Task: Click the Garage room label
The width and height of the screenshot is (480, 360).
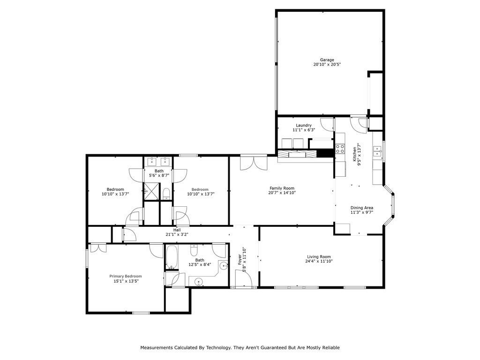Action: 327,60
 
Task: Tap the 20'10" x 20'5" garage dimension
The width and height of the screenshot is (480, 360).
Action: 327,65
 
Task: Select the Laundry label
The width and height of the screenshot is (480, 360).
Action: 304,125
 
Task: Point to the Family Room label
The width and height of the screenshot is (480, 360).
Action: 282,188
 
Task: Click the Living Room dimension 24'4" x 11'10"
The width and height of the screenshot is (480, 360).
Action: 319,261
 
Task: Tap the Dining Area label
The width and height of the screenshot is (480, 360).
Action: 362,208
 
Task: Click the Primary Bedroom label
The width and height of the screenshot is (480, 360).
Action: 126,276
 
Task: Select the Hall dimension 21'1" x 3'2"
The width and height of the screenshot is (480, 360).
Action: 177,234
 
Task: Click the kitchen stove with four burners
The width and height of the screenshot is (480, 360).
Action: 340,149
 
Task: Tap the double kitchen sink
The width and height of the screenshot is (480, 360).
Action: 377,151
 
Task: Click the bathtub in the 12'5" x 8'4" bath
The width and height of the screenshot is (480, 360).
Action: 172,257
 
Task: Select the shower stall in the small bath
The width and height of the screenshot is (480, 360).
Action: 152,191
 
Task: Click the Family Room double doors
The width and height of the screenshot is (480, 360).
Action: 254,163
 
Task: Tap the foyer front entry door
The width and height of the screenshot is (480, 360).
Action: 243,278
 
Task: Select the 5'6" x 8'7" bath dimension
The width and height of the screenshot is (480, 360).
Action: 159,175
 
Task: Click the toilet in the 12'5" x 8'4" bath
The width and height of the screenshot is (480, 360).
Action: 194,250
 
